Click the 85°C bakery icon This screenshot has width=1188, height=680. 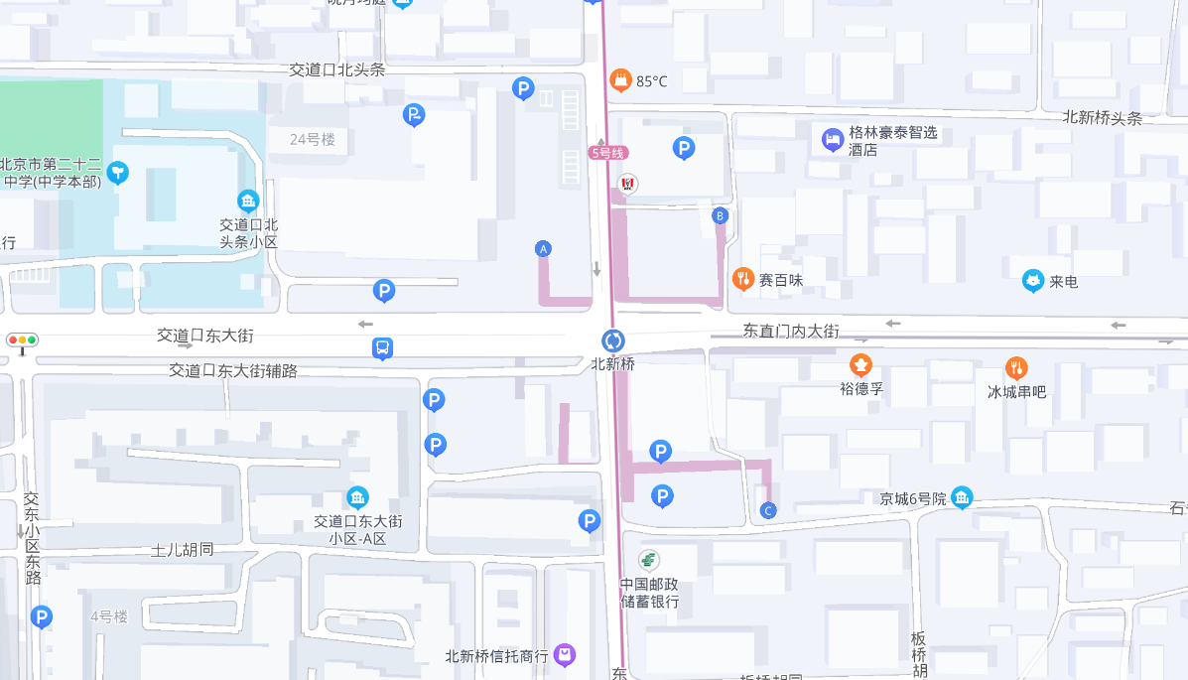coord(621,79)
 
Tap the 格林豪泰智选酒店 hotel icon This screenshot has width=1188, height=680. coord(833,139)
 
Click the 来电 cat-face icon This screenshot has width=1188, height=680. coord(1033,281)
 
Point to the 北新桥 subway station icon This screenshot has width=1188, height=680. coord(613,340)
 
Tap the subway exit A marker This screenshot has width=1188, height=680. coord(543,249)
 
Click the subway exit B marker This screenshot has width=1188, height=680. coord(721,215)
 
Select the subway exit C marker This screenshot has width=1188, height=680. coord(768,511)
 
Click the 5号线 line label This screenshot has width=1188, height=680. coord(608,153)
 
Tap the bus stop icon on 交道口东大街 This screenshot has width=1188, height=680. coord(383,348)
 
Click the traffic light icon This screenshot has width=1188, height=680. coord(22,340)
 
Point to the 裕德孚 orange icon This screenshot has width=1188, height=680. coord(860,364)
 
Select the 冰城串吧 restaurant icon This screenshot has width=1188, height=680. coord(1016,368)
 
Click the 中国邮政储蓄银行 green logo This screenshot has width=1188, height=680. coord(649,560)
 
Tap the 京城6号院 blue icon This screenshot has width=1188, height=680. coord(961,497)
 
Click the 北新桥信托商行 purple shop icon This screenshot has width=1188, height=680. coord(565,654)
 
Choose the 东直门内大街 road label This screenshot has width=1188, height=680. coord(791,331)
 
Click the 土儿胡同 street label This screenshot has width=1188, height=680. coord(183,549)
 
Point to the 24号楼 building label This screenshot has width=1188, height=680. coord(313,140)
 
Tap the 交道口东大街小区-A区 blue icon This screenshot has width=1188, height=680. coord(357,497)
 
